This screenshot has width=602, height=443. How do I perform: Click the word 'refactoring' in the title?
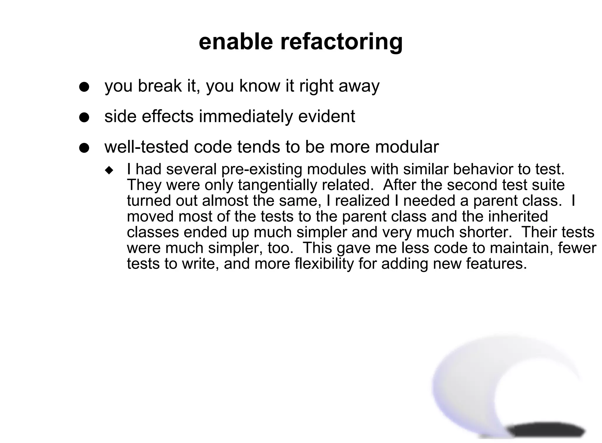pos(341,42)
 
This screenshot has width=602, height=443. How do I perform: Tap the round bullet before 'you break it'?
pos(84,87)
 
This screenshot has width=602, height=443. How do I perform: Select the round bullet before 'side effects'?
pos(84,118)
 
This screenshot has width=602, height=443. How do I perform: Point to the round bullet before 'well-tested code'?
pos(84,148)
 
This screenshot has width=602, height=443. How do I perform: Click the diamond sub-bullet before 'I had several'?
pos(109,170)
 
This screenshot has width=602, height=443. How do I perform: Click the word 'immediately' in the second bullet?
pos(246,116)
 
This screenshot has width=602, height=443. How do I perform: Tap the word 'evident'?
pos(327,116)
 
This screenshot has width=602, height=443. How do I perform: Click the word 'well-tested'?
pos(146,147)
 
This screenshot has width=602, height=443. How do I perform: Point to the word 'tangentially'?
pos(278,185)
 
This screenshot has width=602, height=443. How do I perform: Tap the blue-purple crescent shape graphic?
pos(459,391)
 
